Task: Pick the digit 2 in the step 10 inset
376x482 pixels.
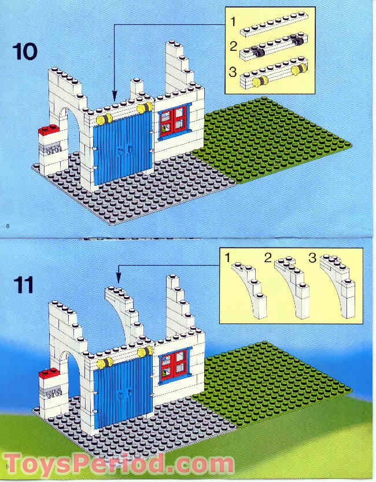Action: (x=233, y=46)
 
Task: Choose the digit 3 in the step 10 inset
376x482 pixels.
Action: (x=233, y=72)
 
